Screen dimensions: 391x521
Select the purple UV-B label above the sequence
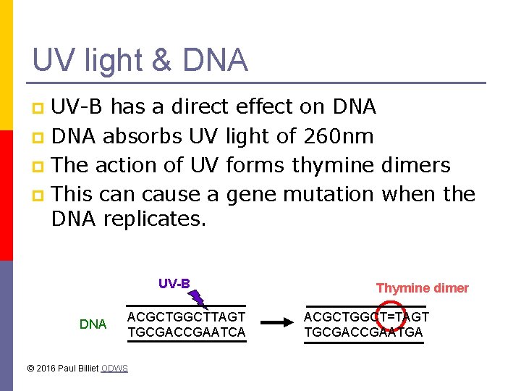pos(174,283)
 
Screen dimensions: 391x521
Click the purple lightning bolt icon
pos(198,295)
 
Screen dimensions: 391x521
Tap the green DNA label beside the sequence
pos(93,324)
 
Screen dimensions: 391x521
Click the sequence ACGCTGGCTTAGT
pos(187,317)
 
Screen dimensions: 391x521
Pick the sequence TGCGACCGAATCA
pos(187,332)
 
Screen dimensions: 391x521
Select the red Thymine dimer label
pos(422,288)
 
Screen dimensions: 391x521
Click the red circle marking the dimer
pos(391,316)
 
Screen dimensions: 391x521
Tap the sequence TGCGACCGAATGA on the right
pos(363,332)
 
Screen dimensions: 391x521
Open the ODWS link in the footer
pos(114,369)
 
